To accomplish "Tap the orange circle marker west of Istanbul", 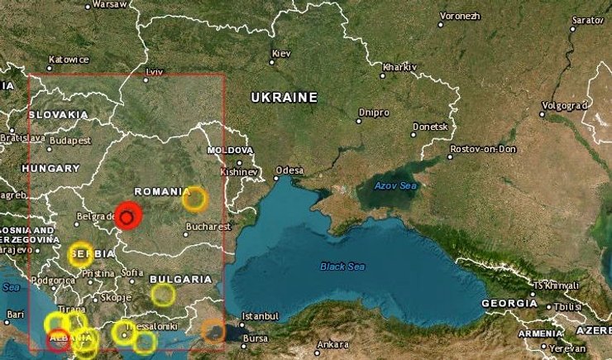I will pyautogui.click(x=213, y=330).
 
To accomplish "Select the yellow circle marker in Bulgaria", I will pyautogui.click(x=163, y=295).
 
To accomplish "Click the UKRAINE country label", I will pyautogui.click(x=284, y=98).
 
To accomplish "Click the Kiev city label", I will pyautogui.click(x=281, y=54).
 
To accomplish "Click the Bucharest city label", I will pyautogui.click(x=208, y=226).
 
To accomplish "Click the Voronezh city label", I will pyautogui.click(x=460, y=16).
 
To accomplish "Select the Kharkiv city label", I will pyautogui.click(x=400, y=65).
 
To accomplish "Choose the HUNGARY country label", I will pyautogui.click(x=50, y=168).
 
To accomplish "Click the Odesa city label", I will pyautogui.click(x=289, y=170).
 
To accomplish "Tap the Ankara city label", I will pyautogui.click(x=333, y=344).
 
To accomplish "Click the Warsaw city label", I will pyautogui.click(x=109, y=4).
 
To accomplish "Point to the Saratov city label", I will pyautogui.click(x=588, y=18).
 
